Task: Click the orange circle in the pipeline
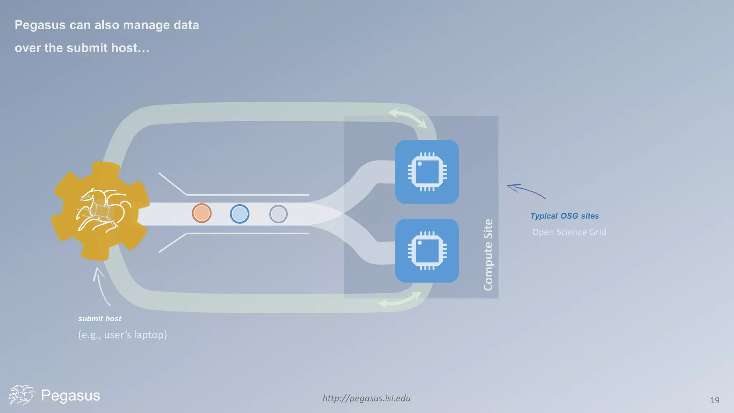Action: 201,213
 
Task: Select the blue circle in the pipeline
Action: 239,214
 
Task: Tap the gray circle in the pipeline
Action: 278,214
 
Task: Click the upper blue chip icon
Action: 427,172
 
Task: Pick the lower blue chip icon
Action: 427,251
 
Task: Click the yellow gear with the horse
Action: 101,211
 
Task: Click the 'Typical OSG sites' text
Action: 564,216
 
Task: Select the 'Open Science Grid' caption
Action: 569,232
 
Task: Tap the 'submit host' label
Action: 100,319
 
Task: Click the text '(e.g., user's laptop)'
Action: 123,334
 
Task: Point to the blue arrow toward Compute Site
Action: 526,190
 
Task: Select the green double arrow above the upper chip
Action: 408,118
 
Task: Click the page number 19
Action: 715,400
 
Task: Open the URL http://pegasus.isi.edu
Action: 366,398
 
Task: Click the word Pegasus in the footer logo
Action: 71,395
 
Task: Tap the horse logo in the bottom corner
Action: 22,395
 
